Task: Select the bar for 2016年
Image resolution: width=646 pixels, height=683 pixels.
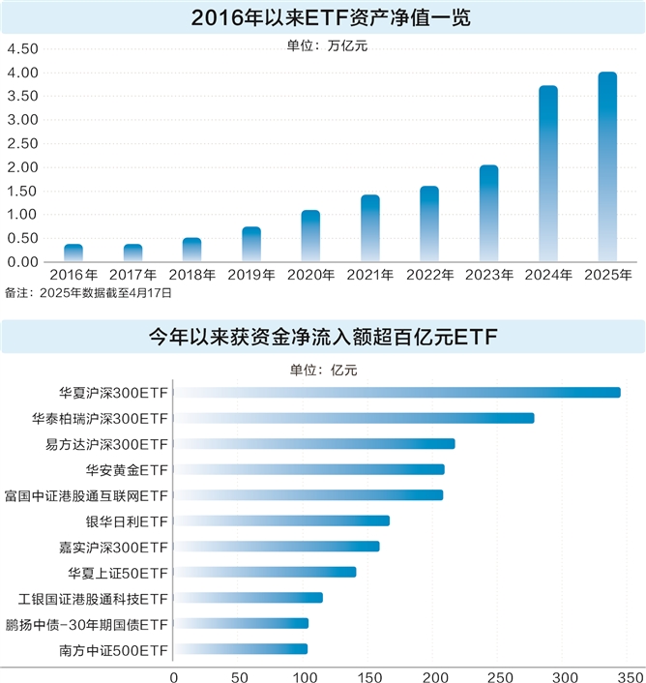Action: [73, 253]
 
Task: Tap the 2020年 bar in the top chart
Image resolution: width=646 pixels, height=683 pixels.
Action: [310, 236]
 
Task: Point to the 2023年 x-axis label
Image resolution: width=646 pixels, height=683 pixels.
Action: [489, 275]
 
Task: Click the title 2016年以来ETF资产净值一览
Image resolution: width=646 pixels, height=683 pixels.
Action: [322, 16]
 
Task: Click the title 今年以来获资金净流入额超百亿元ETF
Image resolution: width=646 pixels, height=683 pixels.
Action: [322, 337]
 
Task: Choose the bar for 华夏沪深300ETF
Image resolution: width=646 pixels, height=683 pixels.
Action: [396, 393]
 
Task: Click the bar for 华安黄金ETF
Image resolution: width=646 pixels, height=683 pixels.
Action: [308, 469]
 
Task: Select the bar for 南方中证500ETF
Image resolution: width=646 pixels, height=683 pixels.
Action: [241, 649]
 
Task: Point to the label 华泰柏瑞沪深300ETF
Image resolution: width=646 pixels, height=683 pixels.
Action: [100, 419]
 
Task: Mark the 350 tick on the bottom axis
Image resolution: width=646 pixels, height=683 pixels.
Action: [631, 673]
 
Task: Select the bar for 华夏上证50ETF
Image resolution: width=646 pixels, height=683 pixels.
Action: [265, 572]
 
